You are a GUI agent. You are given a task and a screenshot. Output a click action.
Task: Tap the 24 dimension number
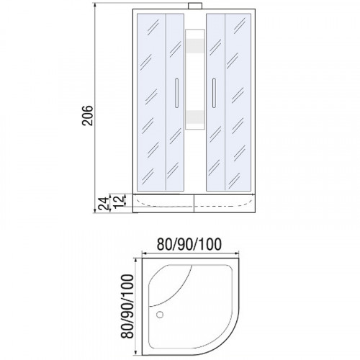point(104,203)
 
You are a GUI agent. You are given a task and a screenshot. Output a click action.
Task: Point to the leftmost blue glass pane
point(150,101)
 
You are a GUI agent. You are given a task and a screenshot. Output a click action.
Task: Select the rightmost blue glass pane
point(240,101)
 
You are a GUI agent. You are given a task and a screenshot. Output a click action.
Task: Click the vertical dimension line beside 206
point(96,108)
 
